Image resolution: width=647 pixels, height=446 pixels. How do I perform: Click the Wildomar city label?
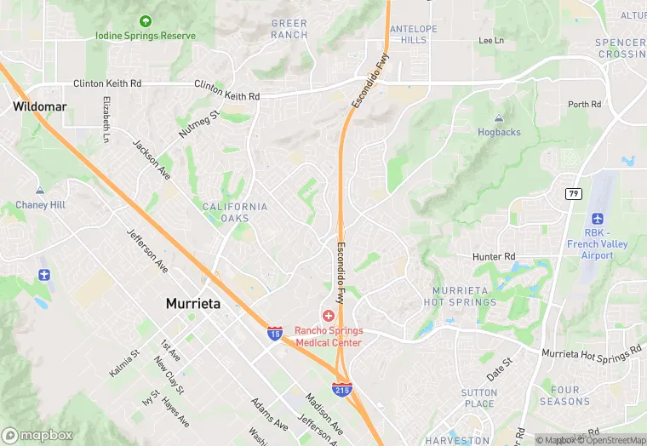35,106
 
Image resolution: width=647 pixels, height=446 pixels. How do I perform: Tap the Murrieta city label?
193,303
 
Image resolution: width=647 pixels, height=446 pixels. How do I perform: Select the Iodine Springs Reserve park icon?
146,20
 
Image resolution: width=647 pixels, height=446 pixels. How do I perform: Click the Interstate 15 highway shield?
274,332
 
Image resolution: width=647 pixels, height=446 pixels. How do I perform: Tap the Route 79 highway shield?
573,193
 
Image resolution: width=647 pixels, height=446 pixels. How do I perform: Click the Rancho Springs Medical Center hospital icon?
329,316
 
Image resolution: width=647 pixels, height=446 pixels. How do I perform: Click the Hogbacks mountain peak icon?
499,118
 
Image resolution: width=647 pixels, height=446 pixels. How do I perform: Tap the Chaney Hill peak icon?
39,191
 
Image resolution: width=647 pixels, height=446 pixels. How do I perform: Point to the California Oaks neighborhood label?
235,212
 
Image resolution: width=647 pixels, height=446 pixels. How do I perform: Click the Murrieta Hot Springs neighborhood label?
460,296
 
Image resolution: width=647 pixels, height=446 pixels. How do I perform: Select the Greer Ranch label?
289,29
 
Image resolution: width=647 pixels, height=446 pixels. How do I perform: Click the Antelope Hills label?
413,34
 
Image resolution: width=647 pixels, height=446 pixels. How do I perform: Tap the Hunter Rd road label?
494,256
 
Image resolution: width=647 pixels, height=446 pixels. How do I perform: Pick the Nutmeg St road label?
199,123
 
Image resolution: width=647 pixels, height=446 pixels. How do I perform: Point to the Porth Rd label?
584,105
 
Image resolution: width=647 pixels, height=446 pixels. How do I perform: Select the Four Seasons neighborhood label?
564,396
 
